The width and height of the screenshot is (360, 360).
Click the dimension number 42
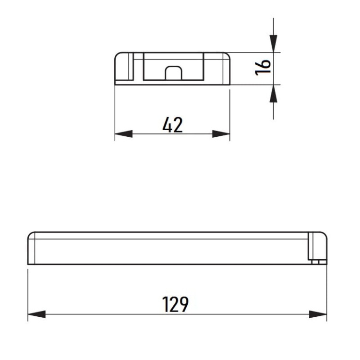pos(173,125)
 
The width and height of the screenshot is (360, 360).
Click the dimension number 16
pos(263,67)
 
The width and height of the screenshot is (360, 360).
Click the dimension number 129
pos(175,304)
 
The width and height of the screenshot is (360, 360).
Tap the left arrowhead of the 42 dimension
pos(124,134)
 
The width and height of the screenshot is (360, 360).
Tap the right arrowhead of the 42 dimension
pos(221,134)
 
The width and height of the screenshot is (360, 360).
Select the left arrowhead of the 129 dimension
pos(37,314)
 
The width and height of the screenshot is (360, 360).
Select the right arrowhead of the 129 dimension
pos(318,314)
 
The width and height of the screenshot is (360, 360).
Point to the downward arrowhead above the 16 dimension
pos(273,44)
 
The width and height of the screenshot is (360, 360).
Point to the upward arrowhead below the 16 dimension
pos(273,94)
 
